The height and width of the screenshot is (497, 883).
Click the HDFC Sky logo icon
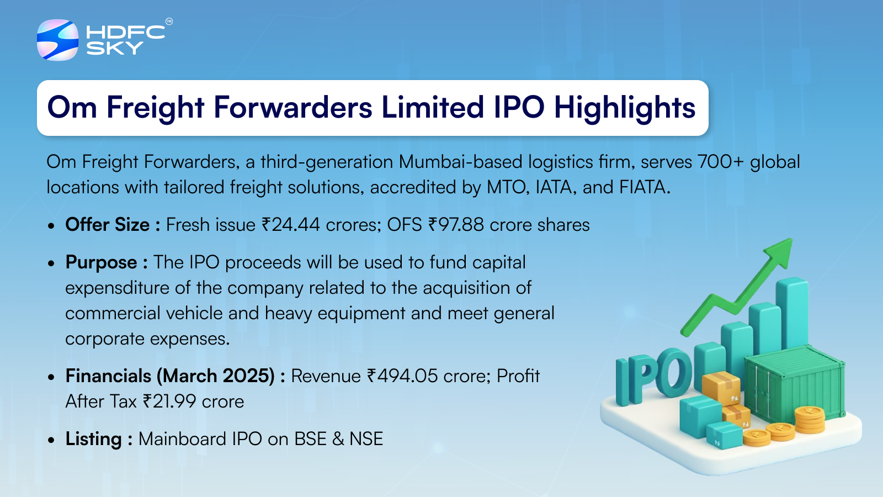point(57,40)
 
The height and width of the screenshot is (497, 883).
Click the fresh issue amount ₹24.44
point(290,225)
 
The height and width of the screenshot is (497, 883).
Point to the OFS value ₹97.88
point(456,225)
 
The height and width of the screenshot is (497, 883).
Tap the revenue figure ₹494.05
point(402,376)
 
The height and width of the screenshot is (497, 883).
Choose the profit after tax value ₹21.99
point(169,401)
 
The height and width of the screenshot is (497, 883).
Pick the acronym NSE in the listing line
point(366,439)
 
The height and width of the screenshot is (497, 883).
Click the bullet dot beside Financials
point(51,377)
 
